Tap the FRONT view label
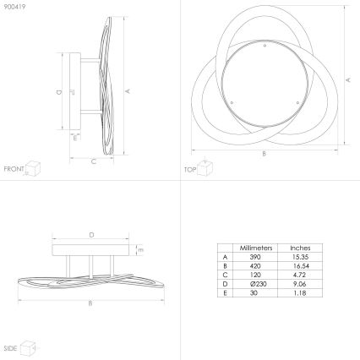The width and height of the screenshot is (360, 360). (x=13, y=169)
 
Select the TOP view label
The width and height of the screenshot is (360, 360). (x=191, y=169)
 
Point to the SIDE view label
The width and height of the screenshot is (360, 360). (x=10, y=348)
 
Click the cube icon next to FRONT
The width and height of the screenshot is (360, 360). (x=33, y=168)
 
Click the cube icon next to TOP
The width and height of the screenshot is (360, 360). (x=207, y=168)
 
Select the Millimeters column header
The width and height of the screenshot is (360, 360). (x=255, y=248)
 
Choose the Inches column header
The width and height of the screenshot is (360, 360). (x=300, y=248)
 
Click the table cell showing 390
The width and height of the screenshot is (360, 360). (x=255, y=257)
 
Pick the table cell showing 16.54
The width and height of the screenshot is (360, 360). (x=300, y=267)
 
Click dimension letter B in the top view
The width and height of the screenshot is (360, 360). (x=265, y=154)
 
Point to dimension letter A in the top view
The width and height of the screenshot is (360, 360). (x=348, y=78)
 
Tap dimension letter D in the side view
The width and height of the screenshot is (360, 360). (x=92, y=235)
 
